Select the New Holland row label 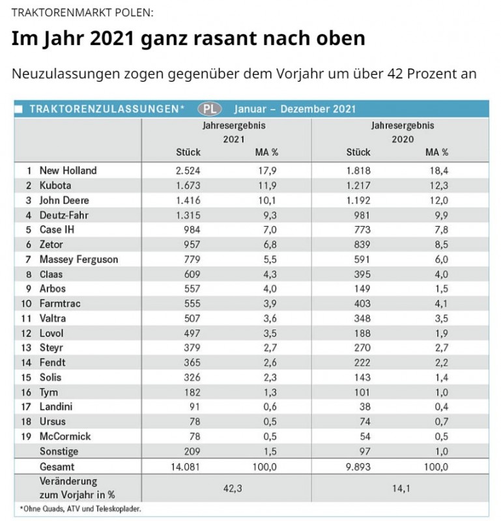coord(68,171)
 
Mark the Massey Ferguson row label coord(79,259)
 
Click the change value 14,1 coord(397,488)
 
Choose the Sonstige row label coord(59,451)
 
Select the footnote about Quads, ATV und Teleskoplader coord(81,509)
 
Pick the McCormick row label coord(65,436)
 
